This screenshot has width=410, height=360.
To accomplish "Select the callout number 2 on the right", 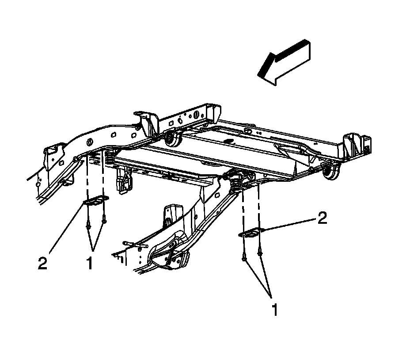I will (322, 218).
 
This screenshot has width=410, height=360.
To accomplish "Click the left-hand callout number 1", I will (90, 264).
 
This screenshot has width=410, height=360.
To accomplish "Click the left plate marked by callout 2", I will (95, 201).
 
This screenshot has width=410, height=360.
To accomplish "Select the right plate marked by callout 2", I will (251, 233).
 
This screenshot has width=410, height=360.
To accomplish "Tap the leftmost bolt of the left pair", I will (88, 226).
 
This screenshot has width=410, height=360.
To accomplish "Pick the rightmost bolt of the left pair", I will (104, 219).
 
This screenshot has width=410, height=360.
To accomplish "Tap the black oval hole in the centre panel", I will (228, 141).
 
